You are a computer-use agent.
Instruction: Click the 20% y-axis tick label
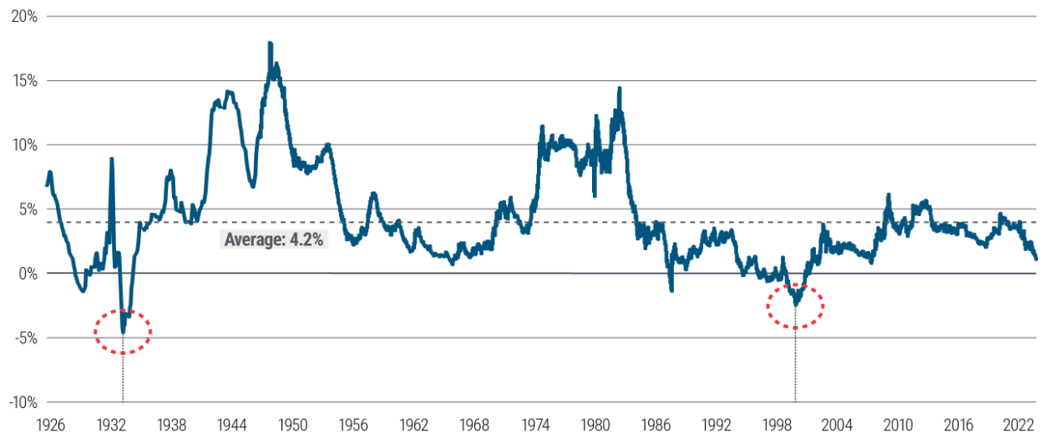23,17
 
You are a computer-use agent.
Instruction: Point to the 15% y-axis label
23,81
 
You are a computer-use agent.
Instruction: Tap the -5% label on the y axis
23,338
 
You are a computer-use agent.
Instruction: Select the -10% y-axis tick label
21,402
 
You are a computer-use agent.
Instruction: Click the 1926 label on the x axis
52,423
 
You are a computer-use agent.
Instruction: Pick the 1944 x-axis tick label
232,423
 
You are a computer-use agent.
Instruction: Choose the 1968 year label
474,423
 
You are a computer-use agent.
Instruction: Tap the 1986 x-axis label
656,423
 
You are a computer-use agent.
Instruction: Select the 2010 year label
898,423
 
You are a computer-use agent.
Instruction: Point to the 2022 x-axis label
1019,423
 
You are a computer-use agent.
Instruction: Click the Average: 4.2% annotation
274,240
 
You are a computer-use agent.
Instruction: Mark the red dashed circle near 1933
123,332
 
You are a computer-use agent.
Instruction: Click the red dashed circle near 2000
796,306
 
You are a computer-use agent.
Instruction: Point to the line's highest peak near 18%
270,43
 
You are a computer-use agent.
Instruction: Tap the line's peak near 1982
620,88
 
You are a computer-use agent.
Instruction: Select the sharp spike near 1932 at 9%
111,159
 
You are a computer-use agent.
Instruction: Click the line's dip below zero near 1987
671,289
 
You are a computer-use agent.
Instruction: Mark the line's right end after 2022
1036,259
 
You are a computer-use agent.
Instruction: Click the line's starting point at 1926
47,184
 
